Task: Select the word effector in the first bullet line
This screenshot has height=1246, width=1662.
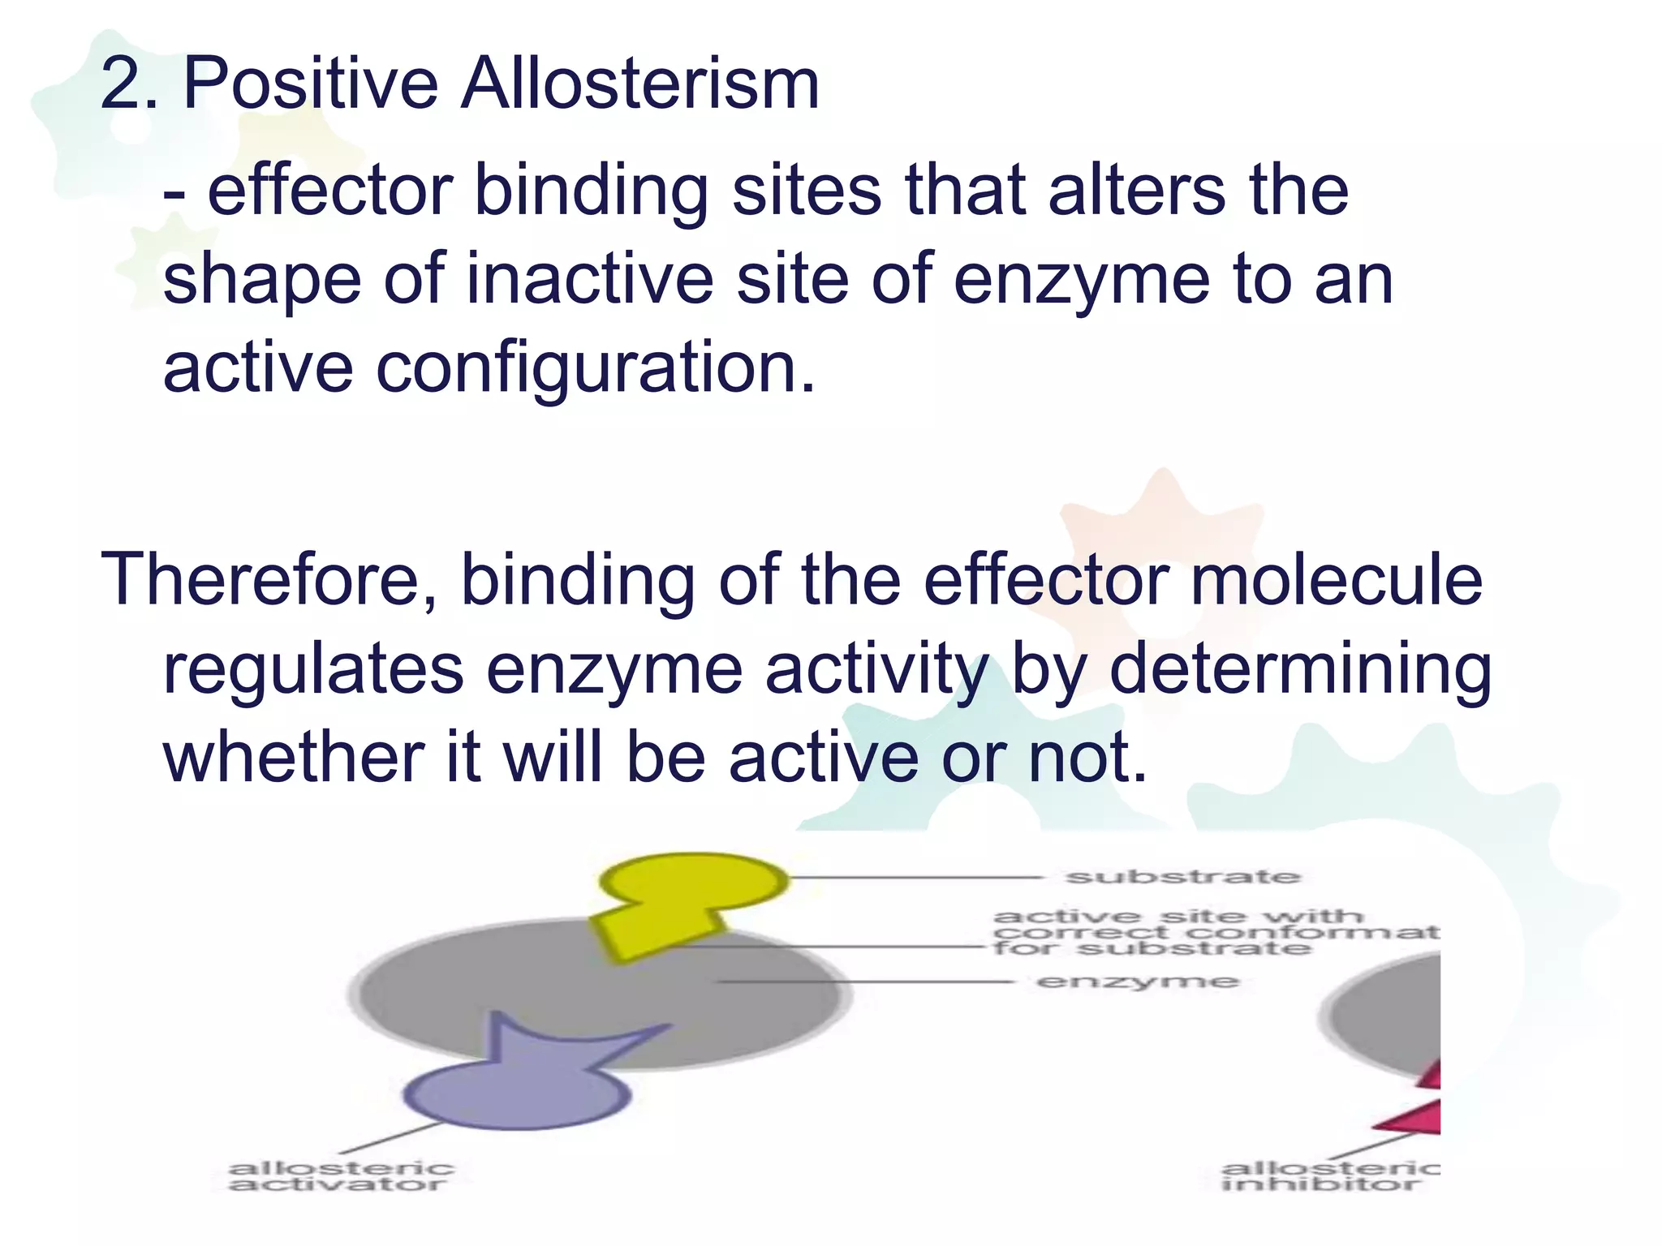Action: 329,191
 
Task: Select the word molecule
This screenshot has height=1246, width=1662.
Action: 1336,580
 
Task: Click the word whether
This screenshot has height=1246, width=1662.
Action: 293,758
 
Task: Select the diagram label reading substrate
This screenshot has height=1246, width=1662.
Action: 1182,877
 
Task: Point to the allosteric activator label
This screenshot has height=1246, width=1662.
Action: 340,1176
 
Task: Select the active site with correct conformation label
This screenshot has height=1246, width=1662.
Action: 1214,932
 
